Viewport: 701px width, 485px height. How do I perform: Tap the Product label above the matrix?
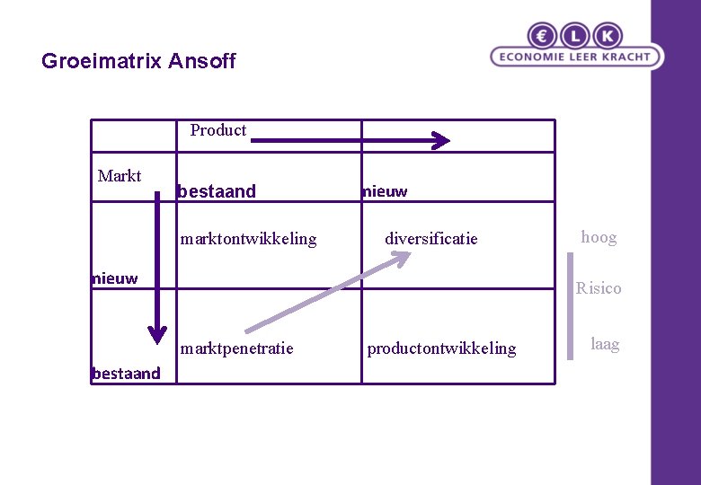(x=217, y=130)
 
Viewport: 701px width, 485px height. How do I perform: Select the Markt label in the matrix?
(x=120, y=175)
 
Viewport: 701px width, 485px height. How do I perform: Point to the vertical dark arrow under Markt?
(x=157, y=269)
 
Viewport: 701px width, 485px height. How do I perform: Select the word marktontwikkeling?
(x=248, y=239)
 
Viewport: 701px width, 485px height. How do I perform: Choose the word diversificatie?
(x=431, y=239)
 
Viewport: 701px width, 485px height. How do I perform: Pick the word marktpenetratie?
(x=236, y=348)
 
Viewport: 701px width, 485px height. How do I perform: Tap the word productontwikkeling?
(x=441, y=348)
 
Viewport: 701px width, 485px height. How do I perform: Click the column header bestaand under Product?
(x=217, y=191)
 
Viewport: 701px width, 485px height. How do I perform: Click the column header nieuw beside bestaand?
(x=384, y=191)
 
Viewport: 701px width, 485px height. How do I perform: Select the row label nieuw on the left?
(x=115, y=278)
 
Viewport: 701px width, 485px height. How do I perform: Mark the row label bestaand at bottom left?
(x=126, y=374)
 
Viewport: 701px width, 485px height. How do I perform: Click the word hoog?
(x=599, y=237)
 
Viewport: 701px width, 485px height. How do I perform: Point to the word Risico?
(x=599, y=288)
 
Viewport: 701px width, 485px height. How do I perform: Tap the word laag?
(x=605, y=344)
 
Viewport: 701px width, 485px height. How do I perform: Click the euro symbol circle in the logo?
(x=543, y=36)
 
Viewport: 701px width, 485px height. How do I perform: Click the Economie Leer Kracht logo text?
(x=576, y=57)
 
